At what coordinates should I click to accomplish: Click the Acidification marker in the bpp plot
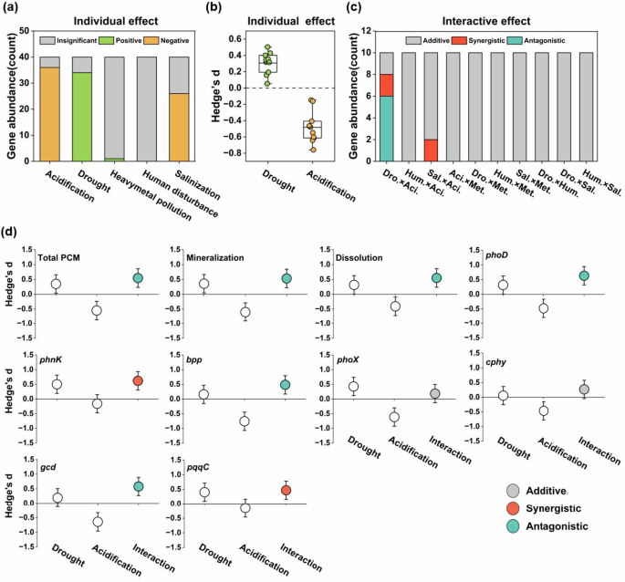click(243, 421)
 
